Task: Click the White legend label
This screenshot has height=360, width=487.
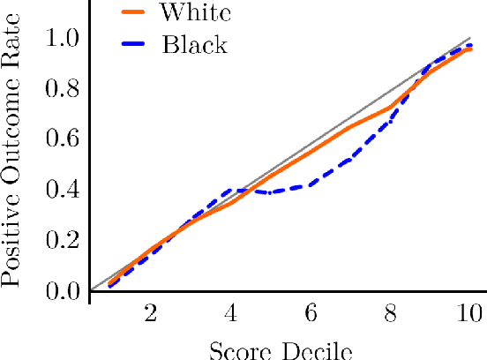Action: (196, 13)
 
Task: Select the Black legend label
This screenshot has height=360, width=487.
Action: (194, 44)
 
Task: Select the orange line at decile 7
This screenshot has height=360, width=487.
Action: (350, 128)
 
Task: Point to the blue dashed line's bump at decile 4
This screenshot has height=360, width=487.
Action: (231, 190)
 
